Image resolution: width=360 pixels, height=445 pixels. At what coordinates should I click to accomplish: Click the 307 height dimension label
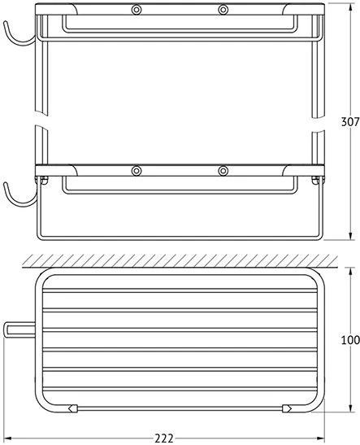click(350, 122)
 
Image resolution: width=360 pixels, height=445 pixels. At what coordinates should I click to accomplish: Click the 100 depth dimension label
click(350, 340)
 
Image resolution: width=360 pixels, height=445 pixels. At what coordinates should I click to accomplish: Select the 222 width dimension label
click(164, 438)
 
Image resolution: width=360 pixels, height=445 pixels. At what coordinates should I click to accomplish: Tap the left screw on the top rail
click(137, 10)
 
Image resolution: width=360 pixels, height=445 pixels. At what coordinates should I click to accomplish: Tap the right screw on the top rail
click(223, 10)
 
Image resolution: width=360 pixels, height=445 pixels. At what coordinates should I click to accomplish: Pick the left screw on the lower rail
click(137, 171)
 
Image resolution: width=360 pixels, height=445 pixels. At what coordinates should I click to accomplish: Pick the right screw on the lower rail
click(223, 171)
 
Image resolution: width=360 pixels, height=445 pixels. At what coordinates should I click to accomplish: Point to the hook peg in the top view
click(20, 329)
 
